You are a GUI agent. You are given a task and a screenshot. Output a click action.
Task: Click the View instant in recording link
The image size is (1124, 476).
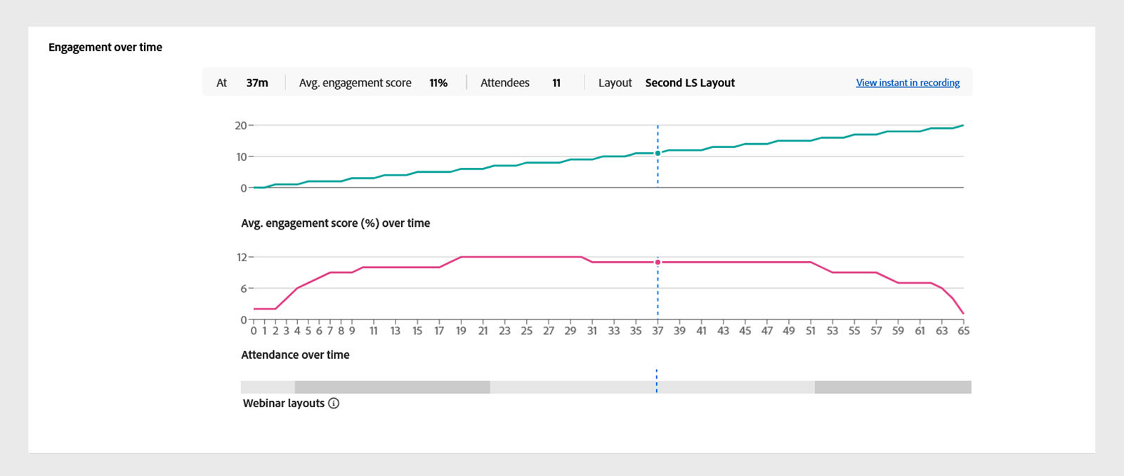click(x=908, y=83)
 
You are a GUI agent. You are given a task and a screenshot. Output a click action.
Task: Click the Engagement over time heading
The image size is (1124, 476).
click(x=105, y=47)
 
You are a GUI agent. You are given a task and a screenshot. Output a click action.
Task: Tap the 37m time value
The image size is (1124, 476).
click(x=257, y=83)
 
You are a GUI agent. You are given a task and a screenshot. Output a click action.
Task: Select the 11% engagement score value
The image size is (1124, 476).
click(x=438, y=83)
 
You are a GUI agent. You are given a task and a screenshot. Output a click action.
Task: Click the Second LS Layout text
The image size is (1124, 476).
click(x=690, y=83)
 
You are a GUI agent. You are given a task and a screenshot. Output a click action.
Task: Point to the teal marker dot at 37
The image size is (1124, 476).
click(x=658, y=153)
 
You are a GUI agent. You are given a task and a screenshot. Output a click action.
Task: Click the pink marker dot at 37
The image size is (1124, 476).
click(x=658, y=262)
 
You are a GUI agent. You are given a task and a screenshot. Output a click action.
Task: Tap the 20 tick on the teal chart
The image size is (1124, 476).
click(x=240, y=126)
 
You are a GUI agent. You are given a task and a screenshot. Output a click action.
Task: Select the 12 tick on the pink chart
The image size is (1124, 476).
click(x=242, y=258)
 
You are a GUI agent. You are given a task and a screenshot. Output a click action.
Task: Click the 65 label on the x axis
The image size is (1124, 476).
click(x=963, y=331)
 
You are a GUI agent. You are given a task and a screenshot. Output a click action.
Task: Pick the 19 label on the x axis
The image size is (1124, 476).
click(x=461, y=331)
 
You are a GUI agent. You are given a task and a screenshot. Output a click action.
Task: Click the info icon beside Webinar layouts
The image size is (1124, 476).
click(x=334, y=403)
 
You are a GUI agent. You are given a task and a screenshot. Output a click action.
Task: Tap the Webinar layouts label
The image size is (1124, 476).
click(x=284, y=403)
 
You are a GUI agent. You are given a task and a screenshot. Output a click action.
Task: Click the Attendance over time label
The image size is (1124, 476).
click(x=295, y=355)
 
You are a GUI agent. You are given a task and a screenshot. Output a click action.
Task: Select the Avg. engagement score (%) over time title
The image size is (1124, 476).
click(x=335, y=223)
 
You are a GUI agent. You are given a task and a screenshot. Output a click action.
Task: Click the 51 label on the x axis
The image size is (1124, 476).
click(x=811, y=331)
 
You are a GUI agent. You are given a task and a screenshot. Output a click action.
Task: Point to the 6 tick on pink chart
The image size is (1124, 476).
click(x=244, y=289)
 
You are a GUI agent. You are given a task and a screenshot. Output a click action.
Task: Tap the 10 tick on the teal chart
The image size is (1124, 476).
click(x=241, y=157)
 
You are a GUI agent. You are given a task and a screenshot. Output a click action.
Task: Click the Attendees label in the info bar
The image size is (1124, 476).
click(x=504, y=83)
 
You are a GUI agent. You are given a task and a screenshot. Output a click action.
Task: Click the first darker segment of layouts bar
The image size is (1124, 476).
click(x=392, y=387)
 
